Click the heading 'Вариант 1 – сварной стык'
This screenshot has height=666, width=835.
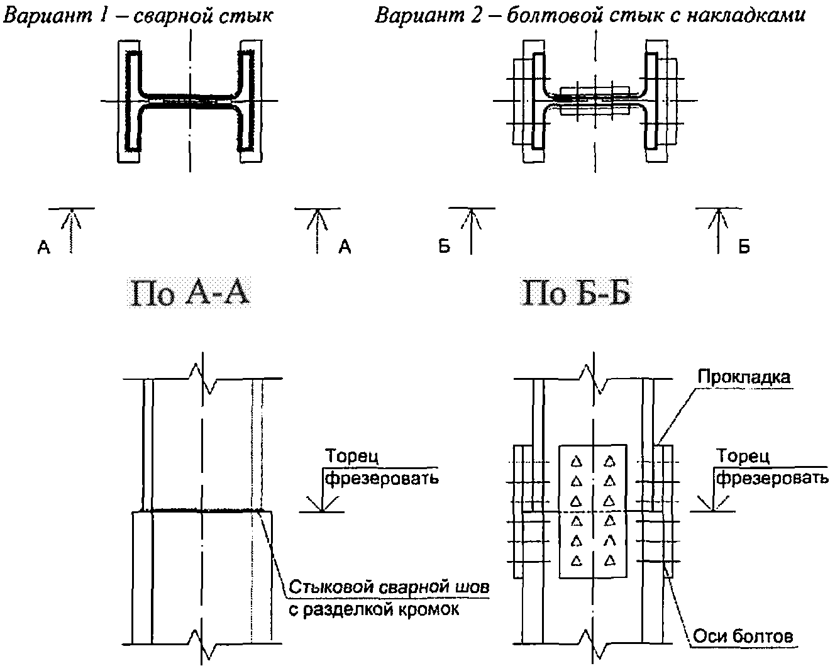click(138, 16)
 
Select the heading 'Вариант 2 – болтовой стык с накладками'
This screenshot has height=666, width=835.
click(590, 16)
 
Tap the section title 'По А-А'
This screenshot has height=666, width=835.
click(190, 294)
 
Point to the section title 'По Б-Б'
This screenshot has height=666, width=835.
click(576, 294)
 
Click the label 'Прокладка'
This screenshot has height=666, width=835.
click(744, 377)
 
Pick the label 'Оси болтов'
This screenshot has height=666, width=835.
click(743, 636)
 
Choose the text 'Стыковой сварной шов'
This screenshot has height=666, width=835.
click(389, 587)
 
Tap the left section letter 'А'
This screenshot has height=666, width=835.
click(43, 247)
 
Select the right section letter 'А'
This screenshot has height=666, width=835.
click(345, 247)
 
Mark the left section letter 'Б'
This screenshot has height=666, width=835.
click(445, 246)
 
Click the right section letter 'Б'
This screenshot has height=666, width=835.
click(744, 247)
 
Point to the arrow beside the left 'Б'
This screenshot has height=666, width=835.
click(471, 231)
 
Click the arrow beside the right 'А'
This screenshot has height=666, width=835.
click(318, 231)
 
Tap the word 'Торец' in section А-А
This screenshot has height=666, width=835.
click(351, 456)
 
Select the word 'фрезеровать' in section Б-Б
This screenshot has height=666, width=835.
click(772, 478)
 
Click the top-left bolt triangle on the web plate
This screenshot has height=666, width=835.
click(577, 462)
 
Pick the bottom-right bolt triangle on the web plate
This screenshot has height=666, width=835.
click(611, 560)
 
